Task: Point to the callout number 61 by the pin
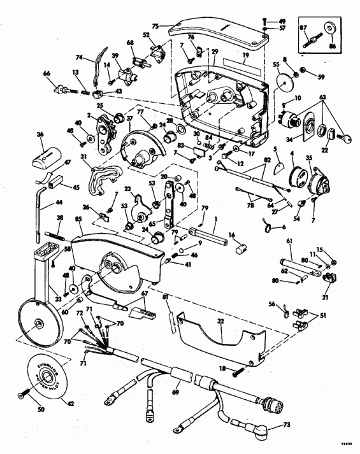[289, 240]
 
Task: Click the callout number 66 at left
[47, 74]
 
